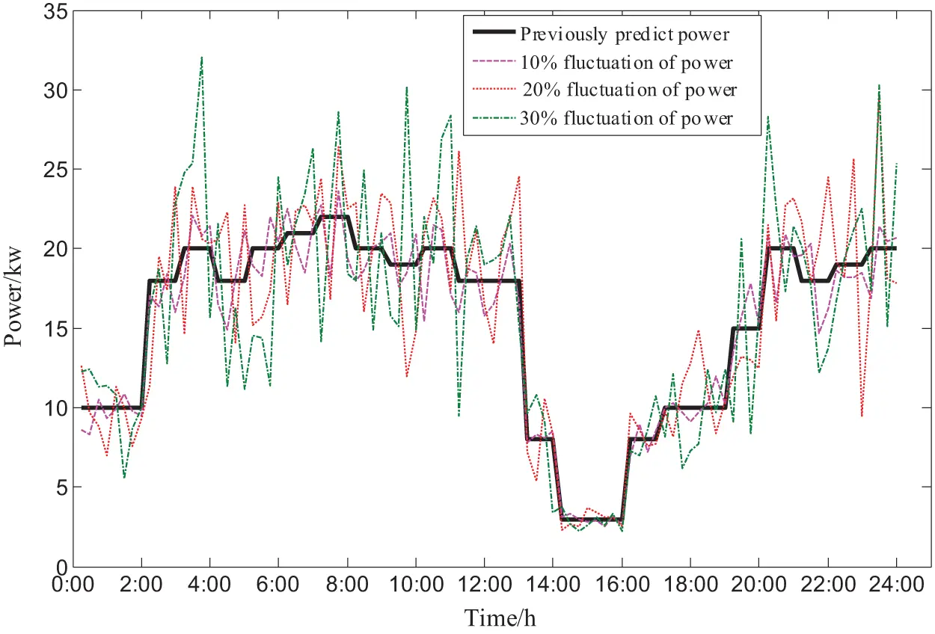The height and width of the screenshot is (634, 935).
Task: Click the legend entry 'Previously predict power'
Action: pyautogui.click(x=625, y=34)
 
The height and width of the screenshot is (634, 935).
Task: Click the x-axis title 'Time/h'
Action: pyautogui.click(x=500, y=618)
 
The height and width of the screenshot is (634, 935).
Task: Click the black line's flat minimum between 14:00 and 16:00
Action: pyautogui.click(x=591, y=519)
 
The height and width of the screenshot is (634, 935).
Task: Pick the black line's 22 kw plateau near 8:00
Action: pyautogui.click(x=334, y=217)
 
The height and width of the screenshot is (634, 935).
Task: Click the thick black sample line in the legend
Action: pyautogui.click(x=491, y=34)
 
